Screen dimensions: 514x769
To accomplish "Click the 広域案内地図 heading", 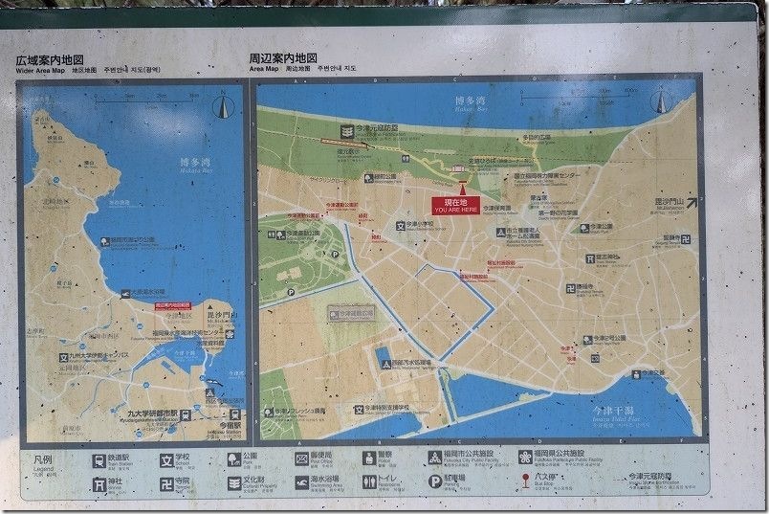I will pos(50,59).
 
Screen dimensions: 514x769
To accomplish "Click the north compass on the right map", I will pos(683,105).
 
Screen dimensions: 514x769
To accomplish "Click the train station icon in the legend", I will pos(99,459).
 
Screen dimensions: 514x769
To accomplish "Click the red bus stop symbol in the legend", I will pos(523,481).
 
